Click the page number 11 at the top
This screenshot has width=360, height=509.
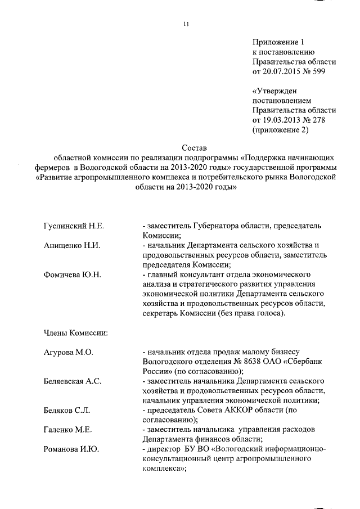187,23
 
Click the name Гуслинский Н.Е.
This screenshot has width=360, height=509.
74,226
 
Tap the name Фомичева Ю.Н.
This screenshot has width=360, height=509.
72,274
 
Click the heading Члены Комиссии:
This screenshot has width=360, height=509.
75,332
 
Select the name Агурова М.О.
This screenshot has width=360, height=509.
68,352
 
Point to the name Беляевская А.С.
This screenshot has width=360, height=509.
73,381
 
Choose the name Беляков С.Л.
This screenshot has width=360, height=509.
66,411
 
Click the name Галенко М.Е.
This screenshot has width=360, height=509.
67,430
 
